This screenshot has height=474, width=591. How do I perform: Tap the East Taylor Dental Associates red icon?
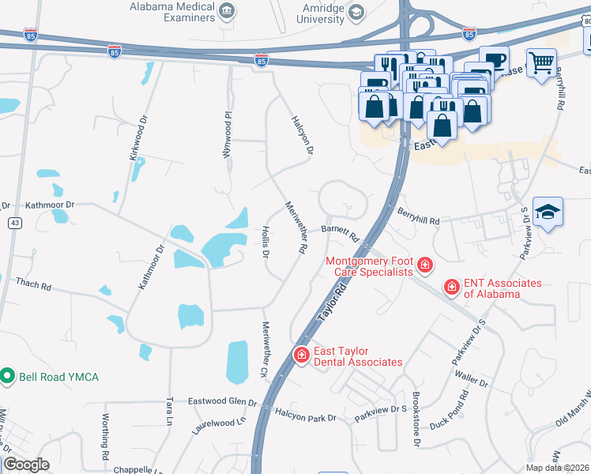301,355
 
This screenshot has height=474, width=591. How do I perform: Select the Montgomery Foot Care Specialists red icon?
425,265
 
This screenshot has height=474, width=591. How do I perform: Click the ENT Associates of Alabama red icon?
451,287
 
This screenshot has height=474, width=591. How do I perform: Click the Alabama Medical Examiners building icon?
228,11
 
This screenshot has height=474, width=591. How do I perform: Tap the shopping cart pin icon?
541,62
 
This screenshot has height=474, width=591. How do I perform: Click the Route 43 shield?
15,224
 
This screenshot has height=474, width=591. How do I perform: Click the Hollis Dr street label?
265,243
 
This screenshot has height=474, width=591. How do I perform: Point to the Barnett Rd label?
341,232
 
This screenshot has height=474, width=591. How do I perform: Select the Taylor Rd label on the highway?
333,304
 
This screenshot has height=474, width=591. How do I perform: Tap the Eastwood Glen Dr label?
222,401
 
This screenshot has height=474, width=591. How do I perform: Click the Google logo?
27,465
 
